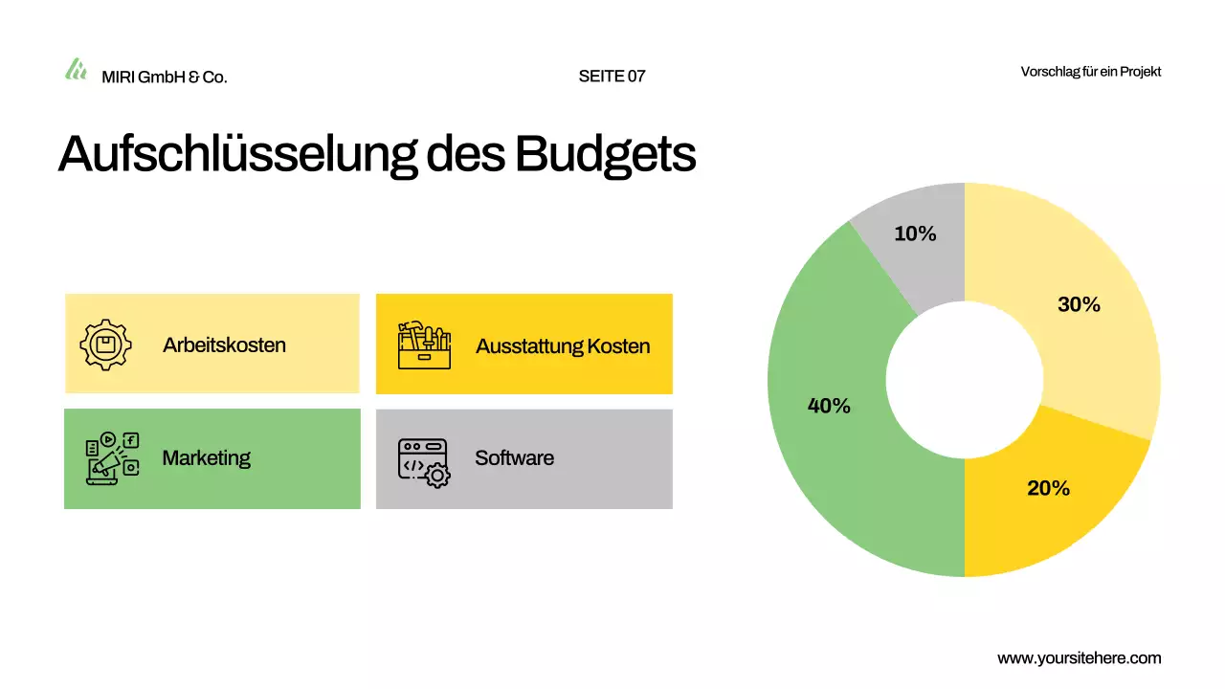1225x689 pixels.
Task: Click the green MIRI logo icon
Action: (x=76, y=69)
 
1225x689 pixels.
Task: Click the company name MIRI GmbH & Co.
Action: (x=165, y=77)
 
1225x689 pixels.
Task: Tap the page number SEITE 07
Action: (x=612, y=77)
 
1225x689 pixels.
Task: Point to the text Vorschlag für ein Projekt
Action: (x=1091, y=72)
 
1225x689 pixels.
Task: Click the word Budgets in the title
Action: (x=605, y=153)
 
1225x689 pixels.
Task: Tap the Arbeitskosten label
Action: (x=224, y=345)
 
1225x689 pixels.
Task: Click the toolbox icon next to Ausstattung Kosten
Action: (x=424, y=344)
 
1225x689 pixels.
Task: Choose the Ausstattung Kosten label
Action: (x=563, y=346)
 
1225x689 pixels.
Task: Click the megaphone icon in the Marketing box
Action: (x=112, y=459)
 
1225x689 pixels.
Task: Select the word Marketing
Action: (x=206, y=458)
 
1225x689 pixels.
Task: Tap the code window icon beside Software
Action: (x=424, y=463)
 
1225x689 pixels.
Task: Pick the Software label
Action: (x=514, y=458)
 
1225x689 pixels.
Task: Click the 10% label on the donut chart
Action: (x=915, y=233)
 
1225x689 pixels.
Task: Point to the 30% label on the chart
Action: (x=1079, y=305)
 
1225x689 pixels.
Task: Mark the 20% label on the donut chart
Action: (x=1048, y=488)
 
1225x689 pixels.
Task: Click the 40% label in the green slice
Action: (x=829, y=406)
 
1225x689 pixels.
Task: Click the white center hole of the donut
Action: (x=964, y=380)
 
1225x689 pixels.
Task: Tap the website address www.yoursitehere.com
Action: (x=1079, y=658)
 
